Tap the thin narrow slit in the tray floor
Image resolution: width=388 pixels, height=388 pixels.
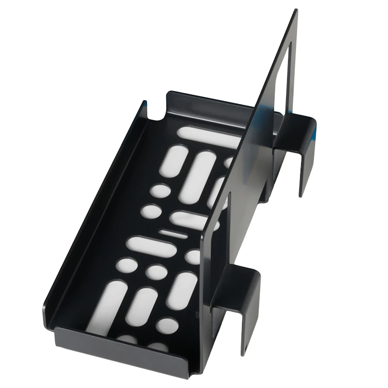point(173,234)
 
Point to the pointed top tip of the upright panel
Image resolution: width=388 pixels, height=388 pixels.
point(295,11)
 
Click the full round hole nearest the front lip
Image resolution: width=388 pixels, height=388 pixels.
point(167,325)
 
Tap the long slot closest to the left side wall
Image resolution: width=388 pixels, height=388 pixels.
point(107,306)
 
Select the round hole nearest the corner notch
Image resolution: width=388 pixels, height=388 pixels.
point(160,190)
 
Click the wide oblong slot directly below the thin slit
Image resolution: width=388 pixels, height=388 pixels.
point(151,247)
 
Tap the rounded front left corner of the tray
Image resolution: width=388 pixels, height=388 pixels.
point(48,310)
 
